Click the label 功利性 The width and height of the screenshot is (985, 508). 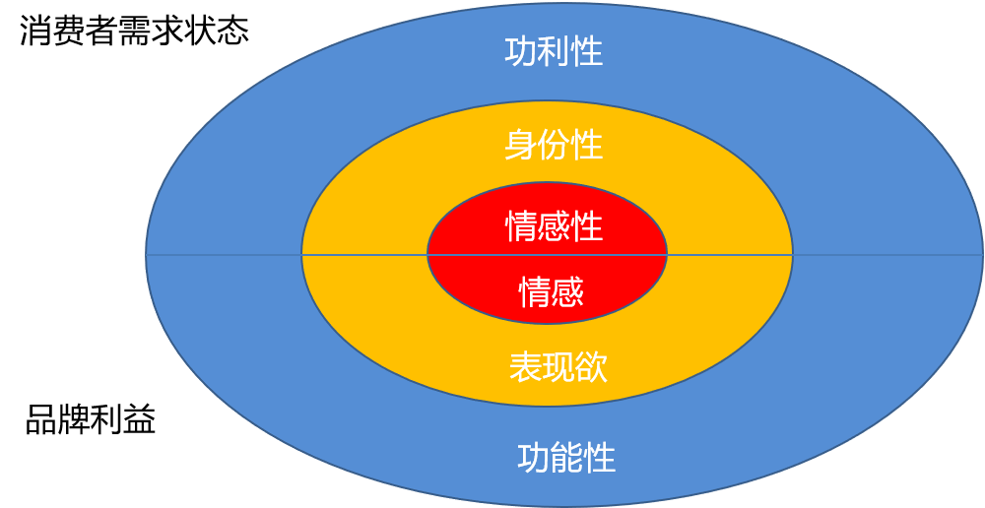(x=554, y=52)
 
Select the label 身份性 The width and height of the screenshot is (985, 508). (x=554, y=146)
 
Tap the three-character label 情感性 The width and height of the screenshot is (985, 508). (x=554, y=226)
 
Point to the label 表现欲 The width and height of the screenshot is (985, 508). (x=558, y=367)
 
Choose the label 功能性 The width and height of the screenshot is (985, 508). (x=566, y=458)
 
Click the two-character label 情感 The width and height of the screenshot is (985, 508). (x=552, y=291)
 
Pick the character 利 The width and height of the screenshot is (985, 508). (x=554, y=52)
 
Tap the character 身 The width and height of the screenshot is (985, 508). (x=521, y=146)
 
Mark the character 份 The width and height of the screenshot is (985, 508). (x=554, y=146)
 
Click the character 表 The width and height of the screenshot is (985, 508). (x=525, y=367)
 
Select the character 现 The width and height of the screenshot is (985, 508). (x=558, y=367)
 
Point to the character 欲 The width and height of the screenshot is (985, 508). (x=591, y=367)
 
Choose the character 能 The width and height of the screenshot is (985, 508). (x=566, y=458)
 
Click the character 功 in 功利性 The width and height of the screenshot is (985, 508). (x=521, y=52)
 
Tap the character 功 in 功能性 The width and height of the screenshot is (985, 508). (x=534, y=458)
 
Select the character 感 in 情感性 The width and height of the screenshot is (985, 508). (x=554, y=226)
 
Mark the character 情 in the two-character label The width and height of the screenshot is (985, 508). (x=536, y=291)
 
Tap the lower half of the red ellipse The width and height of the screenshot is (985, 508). (x=473, y=281)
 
